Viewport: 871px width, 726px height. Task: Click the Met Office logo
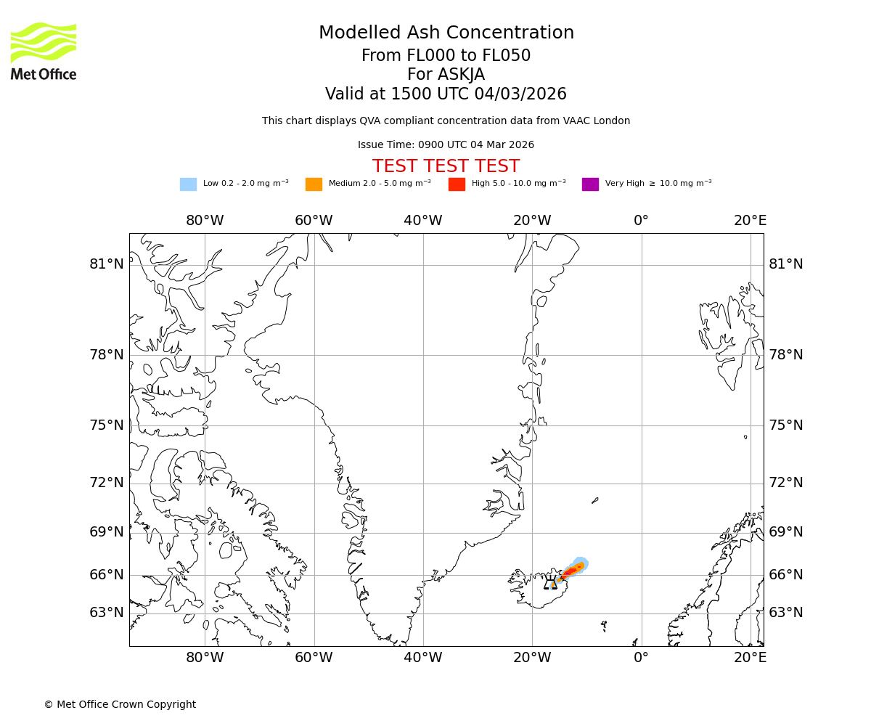[x=44, y=51]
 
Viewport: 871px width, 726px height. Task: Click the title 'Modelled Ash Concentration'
[x=446, y=33]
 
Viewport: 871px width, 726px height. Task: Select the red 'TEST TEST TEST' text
[x=446, y=167]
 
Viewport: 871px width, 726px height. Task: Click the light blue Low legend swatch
[x=188, y=184]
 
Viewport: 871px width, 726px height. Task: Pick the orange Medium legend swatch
[x=314, y=184]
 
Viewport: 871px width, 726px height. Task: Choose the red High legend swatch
[x=457, y=184]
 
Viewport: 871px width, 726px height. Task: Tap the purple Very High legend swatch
[x=590, y=184]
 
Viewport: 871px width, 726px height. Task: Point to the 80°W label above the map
[x=205, y=221]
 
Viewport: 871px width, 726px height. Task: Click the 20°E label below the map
[x=750, y=658]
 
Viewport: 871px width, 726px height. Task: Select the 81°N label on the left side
[x=107, y=264]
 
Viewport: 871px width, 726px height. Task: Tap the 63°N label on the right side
[x=786, y=613]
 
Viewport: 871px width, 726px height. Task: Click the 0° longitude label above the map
[x=641, y=221]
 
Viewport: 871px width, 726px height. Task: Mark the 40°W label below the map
[x=423, y=658]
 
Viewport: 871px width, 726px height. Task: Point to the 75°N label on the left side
[x=107, y=425]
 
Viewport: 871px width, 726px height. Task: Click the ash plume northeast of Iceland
[x=573, y=570]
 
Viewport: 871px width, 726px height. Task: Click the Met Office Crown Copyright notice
[x=120, y=704]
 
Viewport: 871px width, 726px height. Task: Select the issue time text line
[x=446, y=145]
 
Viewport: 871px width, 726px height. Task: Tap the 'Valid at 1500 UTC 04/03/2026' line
[x=446, y=94]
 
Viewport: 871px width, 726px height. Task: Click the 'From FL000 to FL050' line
[x=446, y=56]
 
